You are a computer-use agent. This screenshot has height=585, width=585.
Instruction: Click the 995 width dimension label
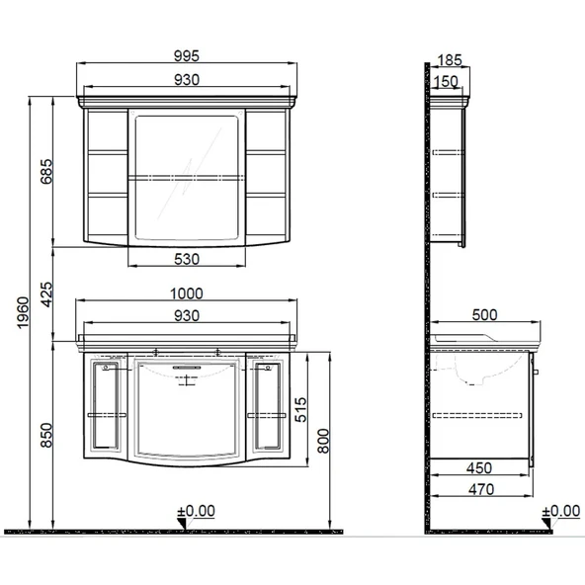(x=187, y=56)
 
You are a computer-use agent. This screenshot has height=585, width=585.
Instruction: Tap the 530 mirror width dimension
(x=187, y=259)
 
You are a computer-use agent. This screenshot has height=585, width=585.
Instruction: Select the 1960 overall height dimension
(x=23, y=312)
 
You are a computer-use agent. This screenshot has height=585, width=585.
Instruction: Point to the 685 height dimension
(x=46, y=172)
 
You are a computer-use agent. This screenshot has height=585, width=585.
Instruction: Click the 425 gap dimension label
(x=46, y=294)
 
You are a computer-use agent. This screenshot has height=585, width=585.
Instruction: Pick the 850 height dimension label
(x=46, y=435)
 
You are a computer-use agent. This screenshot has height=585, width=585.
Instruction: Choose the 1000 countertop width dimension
(x=187, y=293)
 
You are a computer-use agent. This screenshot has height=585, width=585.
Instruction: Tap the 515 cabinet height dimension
(x=300, y=410)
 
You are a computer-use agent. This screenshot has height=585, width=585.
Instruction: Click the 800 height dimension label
(x=323, y=441)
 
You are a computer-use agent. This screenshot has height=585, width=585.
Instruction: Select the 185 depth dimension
(x=450, y=59)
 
